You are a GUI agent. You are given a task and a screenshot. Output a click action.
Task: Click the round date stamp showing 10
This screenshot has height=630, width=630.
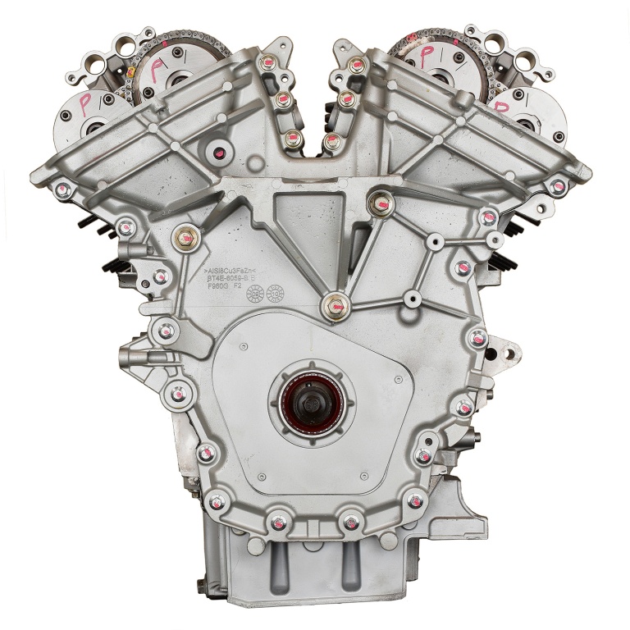[275, 291]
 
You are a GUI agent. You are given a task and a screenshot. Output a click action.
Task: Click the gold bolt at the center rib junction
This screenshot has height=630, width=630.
[335, 307]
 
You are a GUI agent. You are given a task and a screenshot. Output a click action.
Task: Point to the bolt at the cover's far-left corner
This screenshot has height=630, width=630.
[62, 191]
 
